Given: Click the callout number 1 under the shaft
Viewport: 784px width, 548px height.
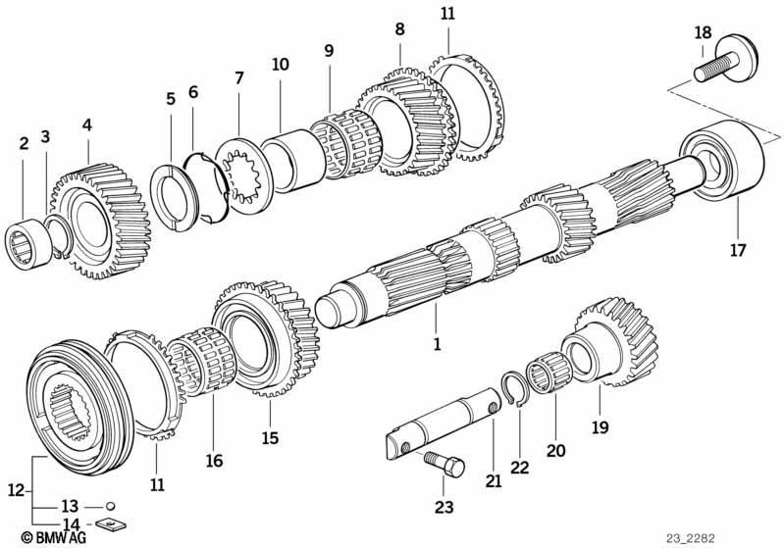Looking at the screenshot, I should tap(437, 345).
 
